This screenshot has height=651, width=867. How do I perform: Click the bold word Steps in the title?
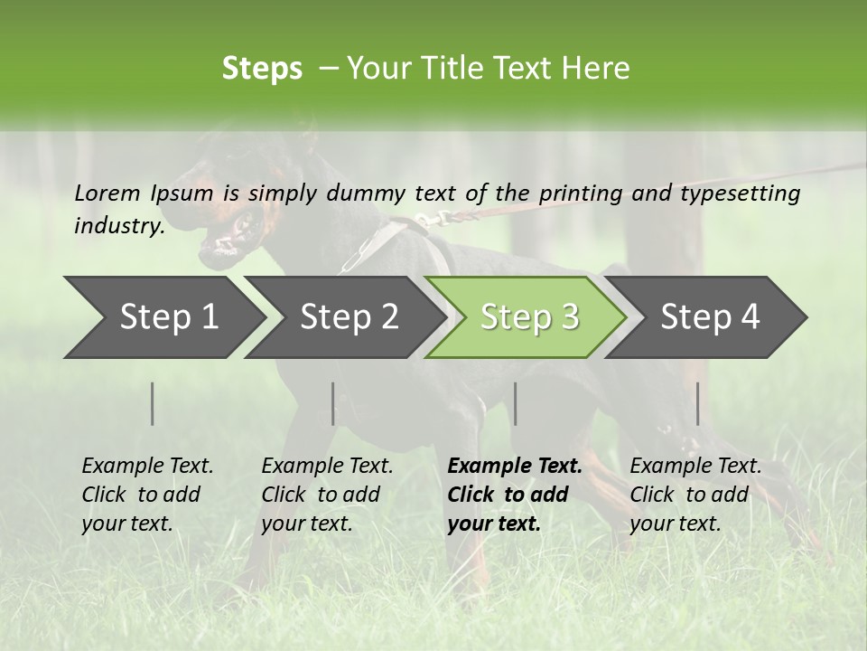pyautogui.click(x=262, y=69)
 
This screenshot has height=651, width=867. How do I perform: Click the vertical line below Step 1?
pyautogui.click(x=153, y=403)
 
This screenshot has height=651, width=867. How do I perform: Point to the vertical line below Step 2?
pyautogui.click(x=333, y=403)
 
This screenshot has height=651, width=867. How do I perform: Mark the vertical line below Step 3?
pyautogui.click(x=515, y=403)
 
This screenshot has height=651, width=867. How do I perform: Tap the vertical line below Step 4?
pyautogui.click(x=697, y=403)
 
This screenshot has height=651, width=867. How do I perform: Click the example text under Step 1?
pyautogui.click(x=147, y=495)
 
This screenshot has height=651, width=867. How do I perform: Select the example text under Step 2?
pyautogui.click(x=327, y=495)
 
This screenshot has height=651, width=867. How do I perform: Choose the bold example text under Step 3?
pyautogui.click(x=514, y=495)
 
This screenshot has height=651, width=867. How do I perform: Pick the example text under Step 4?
pyautogui.click(x=695, y=495)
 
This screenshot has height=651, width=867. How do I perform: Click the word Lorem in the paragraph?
pyautogui.click(x=107, y=193)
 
